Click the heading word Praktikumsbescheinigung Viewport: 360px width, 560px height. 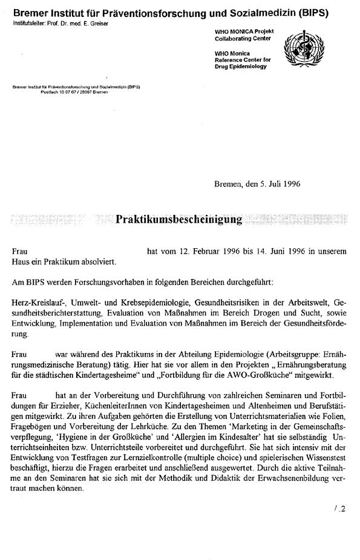[x=178, y=219]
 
